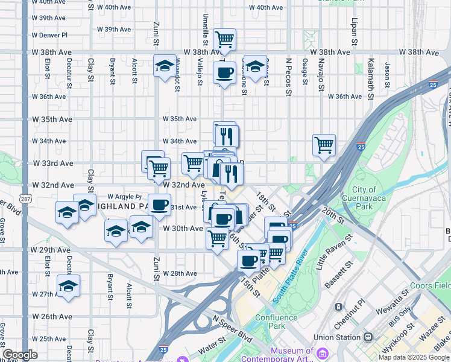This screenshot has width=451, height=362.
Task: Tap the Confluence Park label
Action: pyautogui.click(x=276, y=322)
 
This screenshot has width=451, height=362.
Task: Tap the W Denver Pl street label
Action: pyautogui.click(x=50, y=36)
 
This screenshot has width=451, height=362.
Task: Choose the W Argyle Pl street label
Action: pyautogui.click(x=124, y=197)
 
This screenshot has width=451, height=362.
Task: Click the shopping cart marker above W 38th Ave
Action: pyautogui.click(x=224, y=40)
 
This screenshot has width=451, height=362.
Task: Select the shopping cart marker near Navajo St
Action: pyautogui.click(x=324, y=145)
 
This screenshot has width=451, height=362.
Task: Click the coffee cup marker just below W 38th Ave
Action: pyautogui.click(x=224, y=74)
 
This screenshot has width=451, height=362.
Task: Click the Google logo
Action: pyautogui.click(x=20, y=355)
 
